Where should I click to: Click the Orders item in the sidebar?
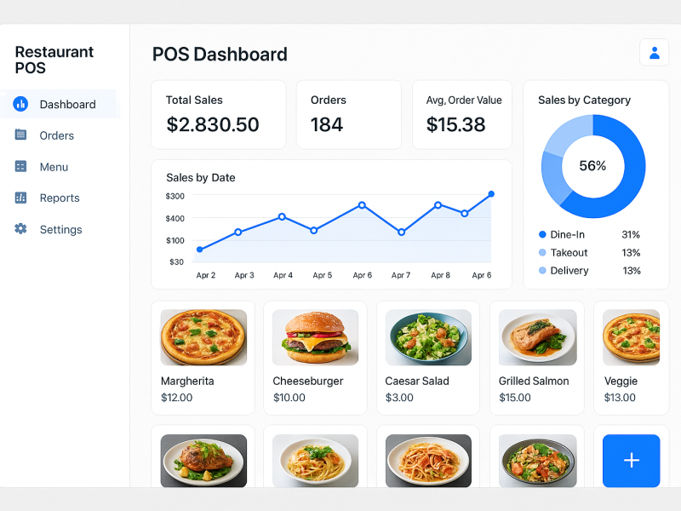(x=56, y=135)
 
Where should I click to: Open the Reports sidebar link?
(x=59, y=198)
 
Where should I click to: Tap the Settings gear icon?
(x=20, y=229)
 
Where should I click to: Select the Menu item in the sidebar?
(x=53, y=167)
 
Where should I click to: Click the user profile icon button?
(x=654, y=53)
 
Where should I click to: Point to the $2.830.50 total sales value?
(x=213, y=125)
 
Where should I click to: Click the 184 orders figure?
(x=327, y=125)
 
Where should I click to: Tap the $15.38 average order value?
(x=456, y=125)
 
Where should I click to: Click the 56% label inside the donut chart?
(x=592, y=166)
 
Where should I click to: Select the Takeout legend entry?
(x=568, y=253)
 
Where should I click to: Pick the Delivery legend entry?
(x=569, y=271)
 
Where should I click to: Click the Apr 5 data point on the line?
(x=314, y=230)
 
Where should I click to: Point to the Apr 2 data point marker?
(x=200, y=250)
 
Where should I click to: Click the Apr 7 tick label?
(x=401, y=275)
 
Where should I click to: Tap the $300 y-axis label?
(x=175, y=196)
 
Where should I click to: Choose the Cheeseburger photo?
(x=309, y=337)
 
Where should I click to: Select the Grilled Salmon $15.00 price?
(x=515, y=398)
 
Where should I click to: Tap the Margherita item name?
(x=187, y=381)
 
